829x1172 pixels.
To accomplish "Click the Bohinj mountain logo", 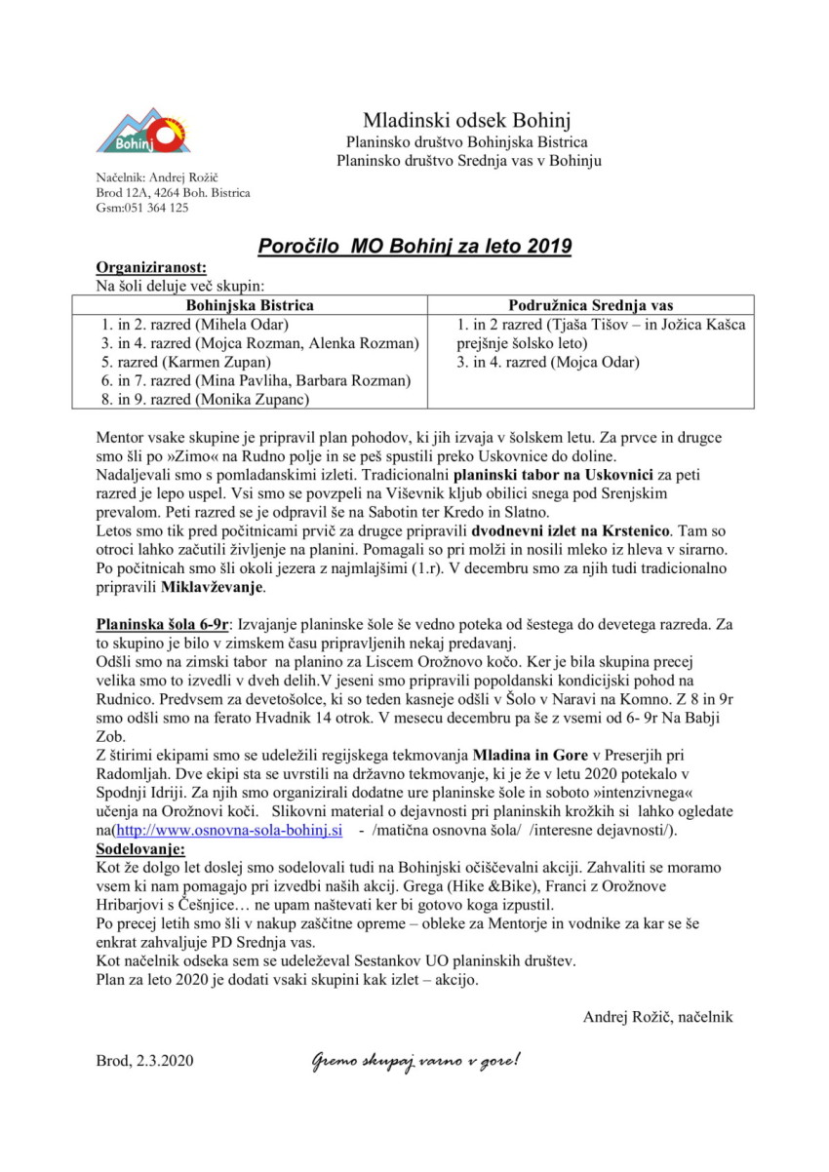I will [141, 131].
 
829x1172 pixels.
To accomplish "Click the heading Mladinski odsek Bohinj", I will [467, 121].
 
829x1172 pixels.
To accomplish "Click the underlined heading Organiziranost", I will [151, 268].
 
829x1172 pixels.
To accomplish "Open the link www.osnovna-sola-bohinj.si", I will [229, 831].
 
